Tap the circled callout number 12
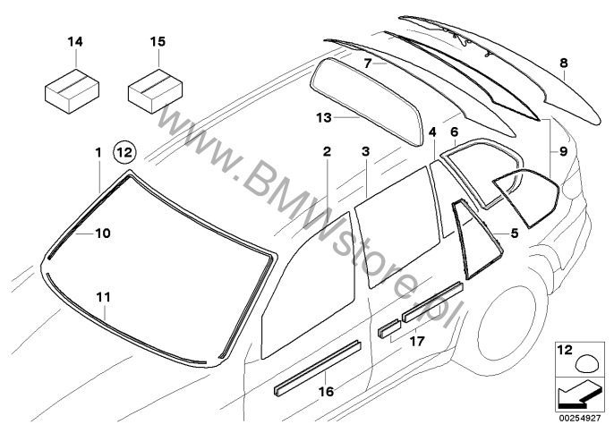tap(124, 153)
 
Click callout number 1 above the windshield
tap(98, 153)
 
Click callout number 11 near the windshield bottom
tap(104, 294)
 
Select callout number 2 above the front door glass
tap(328, 153)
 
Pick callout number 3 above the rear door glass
tap(365, 153)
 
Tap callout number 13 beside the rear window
tap(299, 117)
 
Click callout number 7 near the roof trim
tap(368, 64)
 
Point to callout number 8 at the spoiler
tap(563, 63)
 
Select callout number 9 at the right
tap(563, 152)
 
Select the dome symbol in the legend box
tap(580, 361)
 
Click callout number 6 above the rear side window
tap(454, 132)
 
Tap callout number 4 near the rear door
tap(432, 132)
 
